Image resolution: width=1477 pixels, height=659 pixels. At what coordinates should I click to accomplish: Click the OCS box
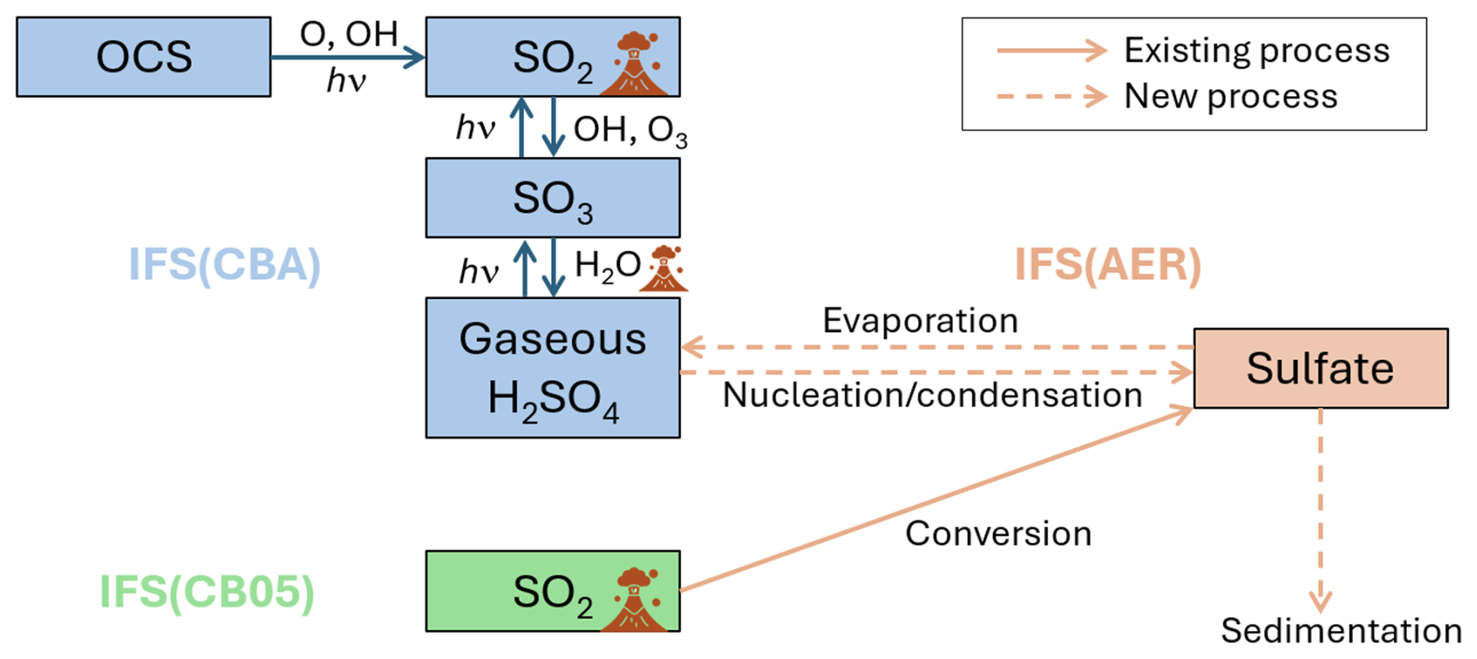(144, 57)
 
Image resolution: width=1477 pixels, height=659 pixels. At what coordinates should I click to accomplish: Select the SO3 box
(552, 198)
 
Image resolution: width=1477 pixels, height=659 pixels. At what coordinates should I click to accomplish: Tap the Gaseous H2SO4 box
(552, 368)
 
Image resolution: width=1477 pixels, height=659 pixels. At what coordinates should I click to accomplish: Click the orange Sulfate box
(1320, 369)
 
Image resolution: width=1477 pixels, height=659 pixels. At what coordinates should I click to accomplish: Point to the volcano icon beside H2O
(664, 269)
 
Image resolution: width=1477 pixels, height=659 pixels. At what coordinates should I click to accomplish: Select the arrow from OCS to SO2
(347, 57)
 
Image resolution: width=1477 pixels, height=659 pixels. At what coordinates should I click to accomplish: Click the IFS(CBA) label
(224, 265)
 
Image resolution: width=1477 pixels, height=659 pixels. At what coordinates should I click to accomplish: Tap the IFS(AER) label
(1107, 265)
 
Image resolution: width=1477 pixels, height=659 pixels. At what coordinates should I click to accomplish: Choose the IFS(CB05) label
(207, 592)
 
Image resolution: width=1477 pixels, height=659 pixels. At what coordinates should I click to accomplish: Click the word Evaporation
(920, 321)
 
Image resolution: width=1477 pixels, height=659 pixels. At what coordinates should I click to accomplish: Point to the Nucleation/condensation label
(932, 395)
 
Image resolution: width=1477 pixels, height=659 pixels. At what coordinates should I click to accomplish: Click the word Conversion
(998, 534)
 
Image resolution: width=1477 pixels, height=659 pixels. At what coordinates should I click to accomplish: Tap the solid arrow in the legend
(1052, 51)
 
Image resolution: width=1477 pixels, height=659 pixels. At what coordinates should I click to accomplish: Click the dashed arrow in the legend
(1052, 97)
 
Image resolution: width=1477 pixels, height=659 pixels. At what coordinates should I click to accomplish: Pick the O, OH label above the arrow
(349, 34)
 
